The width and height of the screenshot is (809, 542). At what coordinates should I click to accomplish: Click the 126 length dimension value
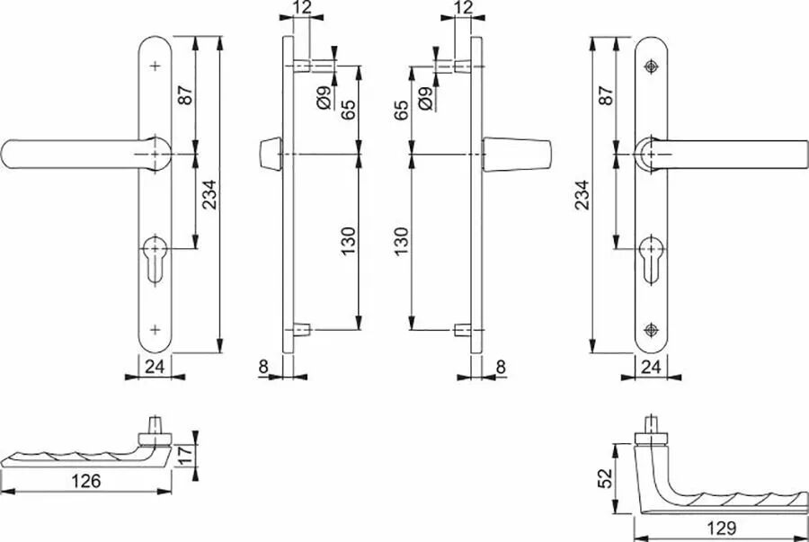pyautogui.click(x=86, y=481)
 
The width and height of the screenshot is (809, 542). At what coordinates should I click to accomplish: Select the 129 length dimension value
pyautogui.click(x=721, y=528)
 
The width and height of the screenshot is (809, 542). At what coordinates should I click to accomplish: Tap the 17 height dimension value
pyautogui.click(x=184, y=454)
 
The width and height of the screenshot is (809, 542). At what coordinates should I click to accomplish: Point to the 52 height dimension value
pyautogui.click(x=605, y=478)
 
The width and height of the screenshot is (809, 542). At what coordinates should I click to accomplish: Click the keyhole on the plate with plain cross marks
pyautogui.click(x=155, y=259)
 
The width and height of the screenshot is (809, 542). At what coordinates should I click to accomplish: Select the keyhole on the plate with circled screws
pyautogui.click(x=651, y=260)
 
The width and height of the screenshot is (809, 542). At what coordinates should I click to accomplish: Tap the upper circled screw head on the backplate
pyautogui.click(x=651, y=67)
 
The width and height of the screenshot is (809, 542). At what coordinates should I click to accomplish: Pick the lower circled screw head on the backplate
pyautogui.click(x=651, y=330)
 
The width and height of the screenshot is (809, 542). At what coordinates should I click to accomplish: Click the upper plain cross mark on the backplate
pyautogui.click(x=155, y=66)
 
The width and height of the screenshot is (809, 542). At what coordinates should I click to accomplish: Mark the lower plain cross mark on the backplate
pyautogui.click(x=155, y=329)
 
